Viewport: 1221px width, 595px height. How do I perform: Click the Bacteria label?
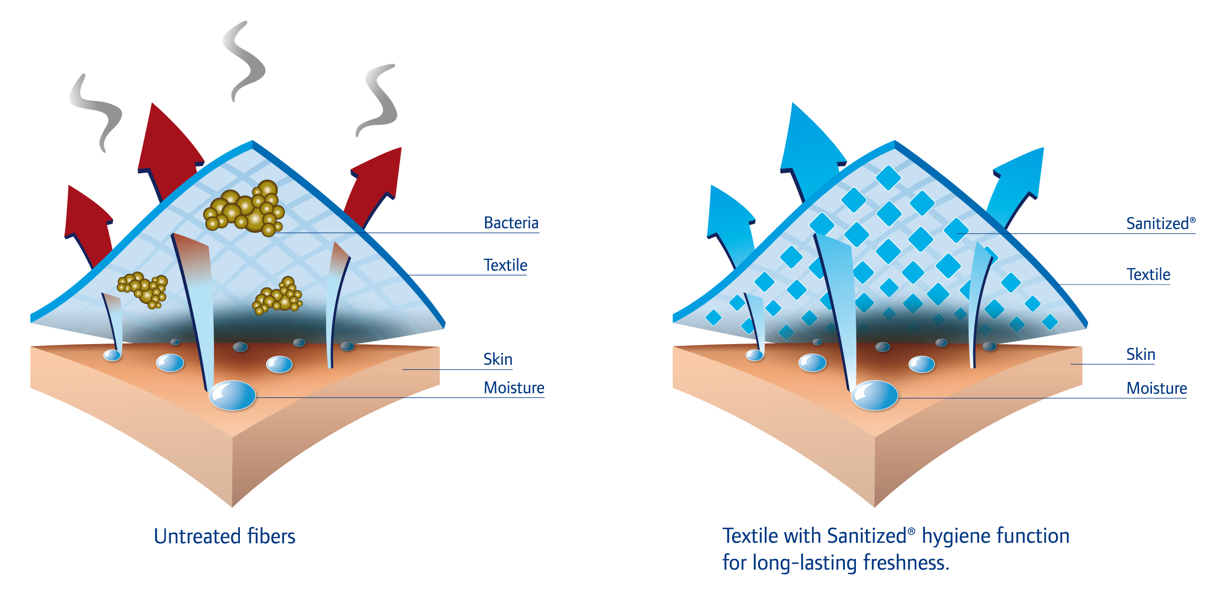[511, 223]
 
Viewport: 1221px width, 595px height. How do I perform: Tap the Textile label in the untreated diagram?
[505, 265]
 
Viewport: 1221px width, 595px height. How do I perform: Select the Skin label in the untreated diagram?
[498, 359]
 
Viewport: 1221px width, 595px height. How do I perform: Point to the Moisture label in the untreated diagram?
[514, 388]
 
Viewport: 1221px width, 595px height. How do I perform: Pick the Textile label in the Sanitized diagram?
[1148, 275]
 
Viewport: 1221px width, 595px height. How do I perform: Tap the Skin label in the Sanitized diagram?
[1140, 355]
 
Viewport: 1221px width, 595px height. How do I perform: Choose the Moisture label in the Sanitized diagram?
[1156, 388]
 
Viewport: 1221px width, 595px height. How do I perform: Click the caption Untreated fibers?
[225, 536]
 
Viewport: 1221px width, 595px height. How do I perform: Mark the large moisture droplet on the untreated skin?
[232, 395]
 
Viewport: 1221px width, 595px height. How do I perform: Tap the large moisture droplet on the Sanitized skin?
[874, 395]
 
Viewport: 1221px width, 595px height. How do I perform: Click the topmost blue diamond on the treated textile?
[888, 178]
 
